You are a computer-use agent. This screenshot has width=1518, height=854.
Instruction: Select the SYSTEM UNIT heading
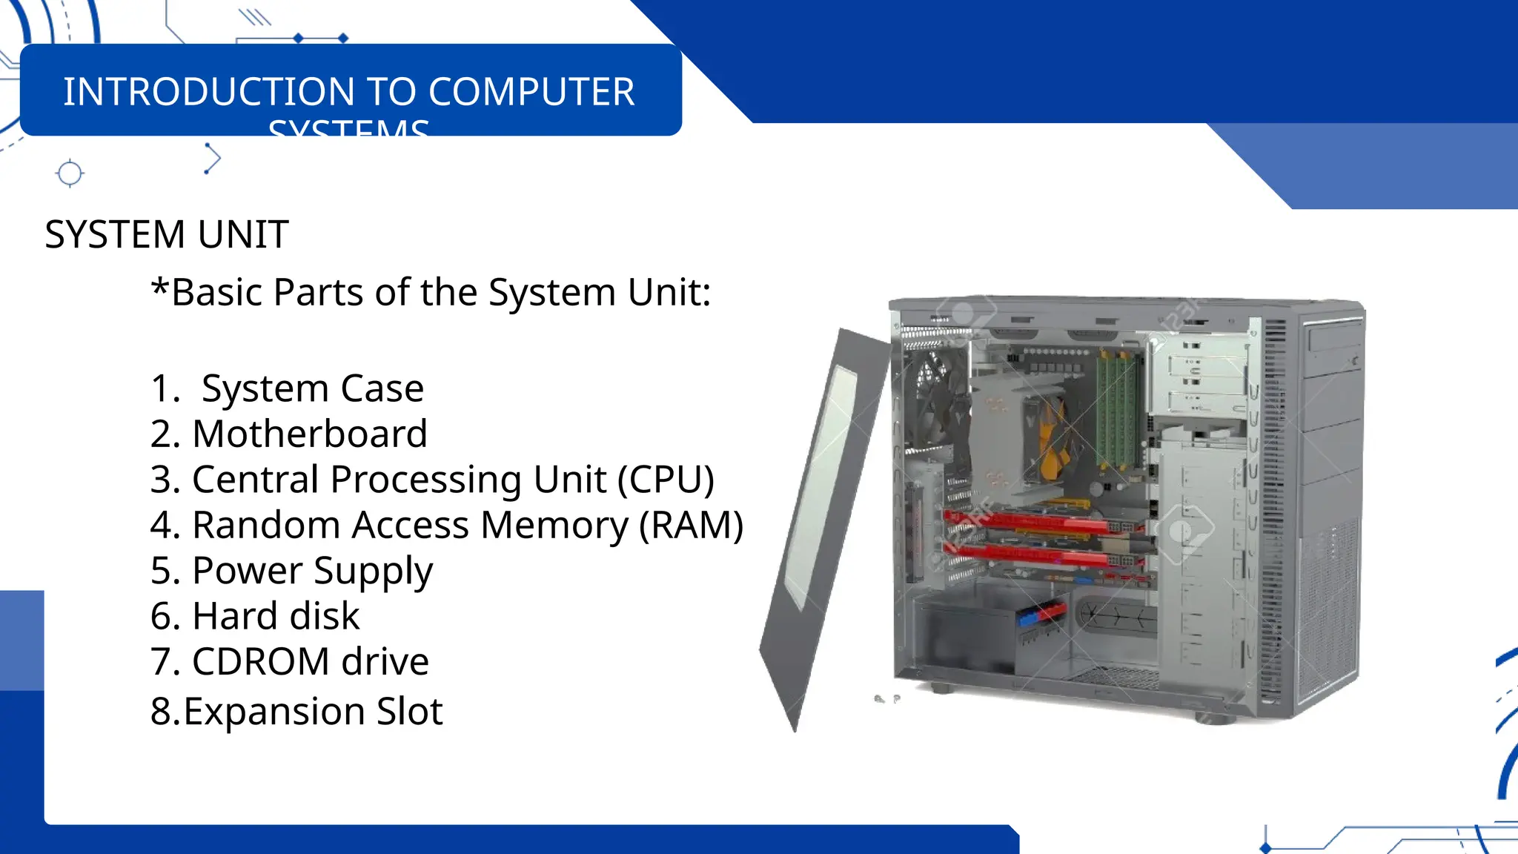click(x=167, y=235)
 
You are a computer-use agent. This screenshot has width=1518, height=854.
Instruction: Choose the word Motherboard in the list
click(x=310, y=434)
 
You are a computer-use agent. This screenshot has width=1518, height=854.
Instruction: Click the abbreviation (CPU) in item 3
click(x=666, y=480)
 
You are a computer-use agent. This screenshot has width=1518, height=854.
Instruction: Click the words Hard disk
click(x=276, y=616)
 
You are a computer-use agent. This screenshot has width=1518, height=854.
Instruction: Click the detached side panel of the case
click(x=823, y=519)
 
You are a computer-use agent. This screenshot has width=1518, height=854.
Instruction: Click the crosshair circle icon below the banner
click(x=70, y=173)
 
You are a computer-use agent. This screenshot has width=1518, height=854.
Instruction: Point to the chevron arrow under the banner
click(x=212, y=159)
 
